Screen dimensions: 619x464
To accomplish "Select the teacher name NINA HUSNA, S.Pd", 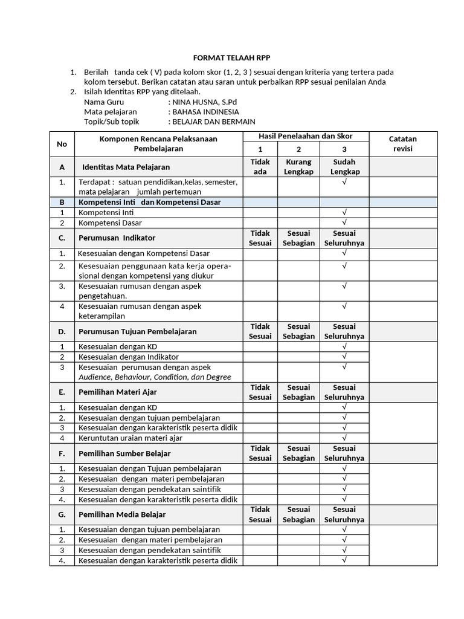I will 205,102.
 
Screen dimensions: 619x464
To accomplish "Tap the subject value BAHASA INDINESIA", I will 206,112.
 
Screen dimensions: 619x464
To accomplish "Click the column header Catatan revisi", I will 402,143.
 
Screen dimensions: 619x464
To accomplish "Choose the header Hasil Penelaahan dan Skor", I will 306,136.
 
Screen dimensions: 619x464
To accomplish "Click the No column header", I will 62,144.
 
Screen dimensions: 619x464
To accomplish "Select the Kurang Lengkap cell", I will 298,167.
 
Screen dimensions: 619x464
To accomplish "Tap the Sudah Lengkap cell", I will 344,167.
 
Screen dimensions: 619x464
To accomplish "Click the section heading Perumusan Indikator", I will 117,238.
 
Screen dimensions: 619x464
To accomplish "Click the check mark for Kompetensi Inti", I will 344,213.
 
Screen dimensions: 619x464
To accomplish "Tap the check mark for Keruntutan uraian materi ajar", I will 344,438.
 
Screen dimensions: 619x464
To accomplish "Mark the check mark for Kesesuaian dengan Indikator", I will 344,357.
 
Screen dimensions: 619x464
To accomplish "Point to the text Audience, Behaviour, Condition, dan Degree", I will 155,377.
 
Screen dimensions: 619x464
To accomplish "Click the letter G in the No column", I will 62,514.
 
